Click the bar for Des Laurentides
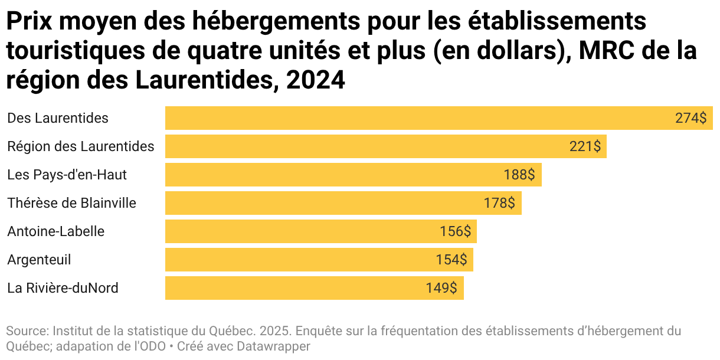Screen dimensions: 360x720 413,118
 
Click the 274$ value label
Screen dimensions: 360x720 690,118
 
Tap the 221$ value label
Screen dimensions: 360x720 585,146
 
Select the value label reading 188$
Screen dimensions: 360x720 519,175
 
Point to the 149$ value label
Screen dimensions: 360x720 441,288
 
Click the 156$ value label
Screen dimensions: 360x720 455,231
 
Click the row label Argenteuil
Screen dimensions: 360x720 39,260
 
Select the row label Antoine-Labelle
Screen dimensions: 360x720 55,231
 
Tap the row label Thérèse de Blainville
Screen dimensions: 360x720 71,203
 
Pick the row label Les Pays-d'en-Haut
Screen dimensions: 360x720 67,175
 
